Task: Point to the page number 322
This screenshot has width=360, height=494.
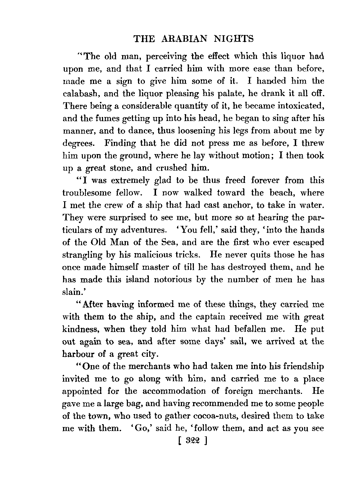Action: [188, 441]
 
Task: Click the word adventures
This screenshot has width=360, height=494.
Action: [141, 230]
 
